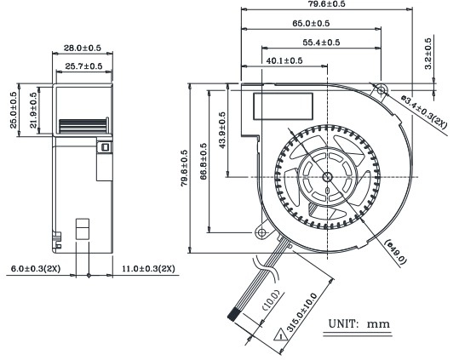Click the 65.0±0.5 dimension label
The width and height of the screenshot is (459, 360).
pos(311,23)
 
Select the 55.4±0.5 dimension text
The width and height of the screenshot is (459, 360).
pos(321,43)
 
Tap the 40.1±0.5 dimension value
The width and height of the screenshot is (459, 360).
pos(284,60)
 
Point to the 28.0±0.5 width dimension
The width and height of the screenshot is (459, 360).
pos(83,48)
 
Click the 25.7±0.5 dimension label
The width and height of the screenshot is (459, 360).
pos(83,66)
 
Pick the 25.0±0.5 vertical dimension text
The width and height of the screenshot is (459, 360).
pos(14,110)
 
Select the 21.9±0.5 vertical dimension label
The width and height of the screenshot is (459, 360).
pos(34,111)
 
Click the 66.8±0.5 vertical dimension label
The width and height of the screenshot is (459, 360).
pos(204,161)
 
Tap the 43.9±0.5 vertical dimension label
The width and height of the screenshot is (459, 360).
pos(222,130)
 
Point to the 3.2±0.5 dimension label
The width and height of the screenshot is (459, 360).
pos(428,54)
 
